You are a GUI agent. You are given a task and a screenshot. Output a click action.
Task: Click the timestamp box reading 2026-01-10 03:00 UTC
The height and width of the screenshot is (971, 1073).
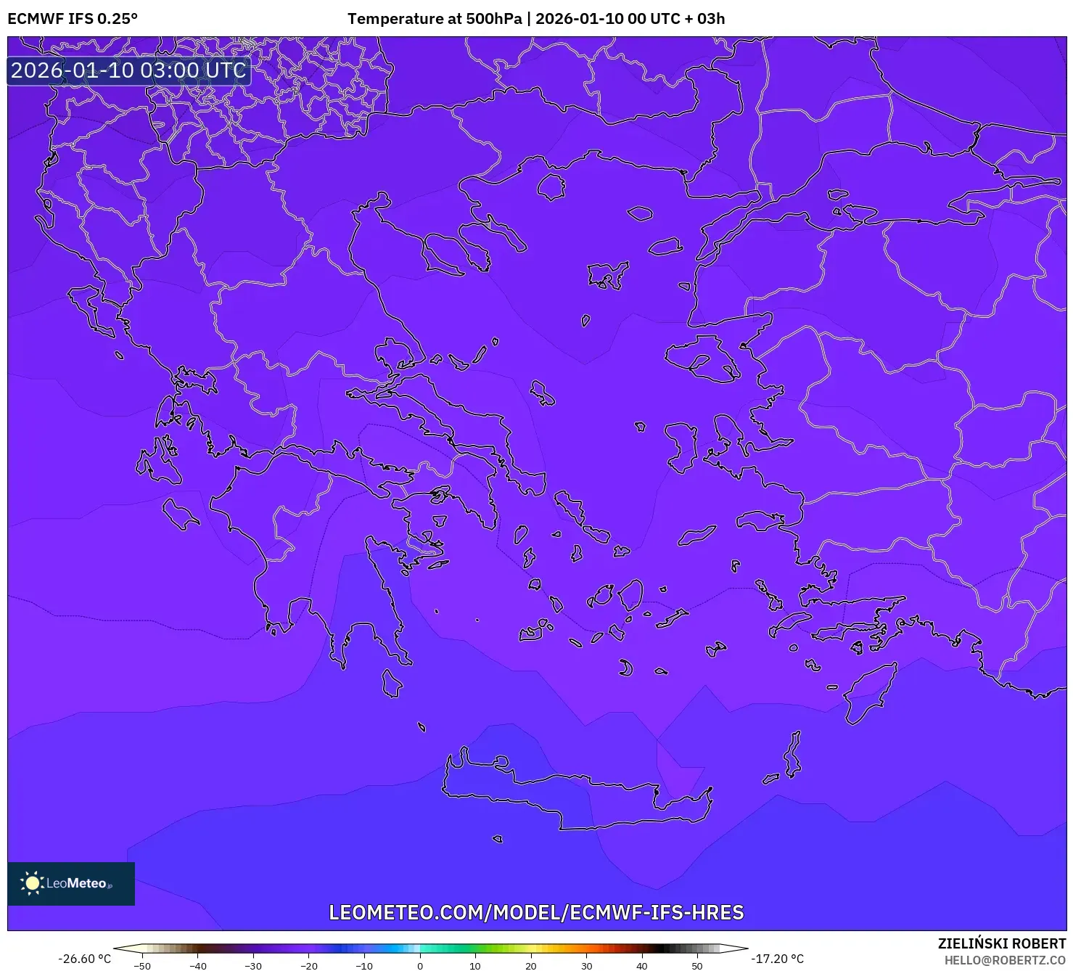(x=128, y=70)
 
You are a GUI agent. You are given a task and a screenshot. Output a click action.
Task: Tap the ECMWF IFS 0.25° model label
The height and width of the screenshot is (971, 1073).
(x=72, y=19)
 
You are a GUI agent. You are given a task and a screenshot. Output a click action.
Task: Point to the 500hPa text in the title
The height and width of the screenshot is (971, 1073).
(x=493, y=19)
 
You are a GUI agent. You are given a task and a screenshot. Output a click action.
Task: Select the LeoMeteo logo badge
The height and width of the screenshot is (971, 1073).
(x=71, y=883)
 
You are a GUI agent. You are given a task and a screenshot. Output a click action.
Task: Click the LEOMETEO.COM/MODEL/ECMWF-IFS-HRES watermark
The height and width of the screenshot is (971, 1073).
(x=536, y=912)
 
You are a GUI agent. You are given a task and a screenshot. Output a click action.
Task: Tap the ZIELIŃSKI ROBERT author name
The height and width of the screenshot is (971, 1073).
(x=1001, y=943)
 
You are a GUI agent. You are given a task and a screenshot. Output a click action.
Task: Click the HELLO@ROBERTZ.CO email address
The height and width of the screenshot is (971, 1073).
(x=1004, y=960)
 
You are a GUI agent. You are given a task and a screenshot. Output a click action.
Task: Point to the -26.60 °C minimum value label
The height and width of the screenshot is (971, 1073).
(x=85, y=959)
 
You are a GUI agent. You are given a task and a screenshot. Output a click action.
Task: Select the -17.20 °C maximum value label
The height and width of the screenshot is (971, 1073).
(x=777, y=959)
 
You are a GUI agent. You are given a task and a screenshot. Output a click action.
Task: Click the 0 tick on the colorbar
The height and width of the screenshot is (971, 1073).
(x=419, y=966)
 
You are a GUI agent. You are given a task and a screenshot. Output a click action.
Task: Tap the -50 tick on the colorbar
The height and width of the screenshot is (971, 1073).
(x=142, y=966)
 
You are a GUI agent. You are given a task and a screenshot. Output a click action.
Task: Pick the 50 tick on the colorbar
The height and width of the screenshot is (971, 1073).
(x=697, y=966)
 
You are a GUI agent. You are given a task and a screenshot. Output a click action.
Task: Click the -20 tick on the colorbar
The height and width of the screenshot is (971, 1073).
(x=308, y=966)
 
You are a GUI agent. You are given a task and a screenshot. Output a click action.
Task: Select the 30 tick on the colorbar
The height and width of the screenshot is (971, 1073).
(x=586, y=966)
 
